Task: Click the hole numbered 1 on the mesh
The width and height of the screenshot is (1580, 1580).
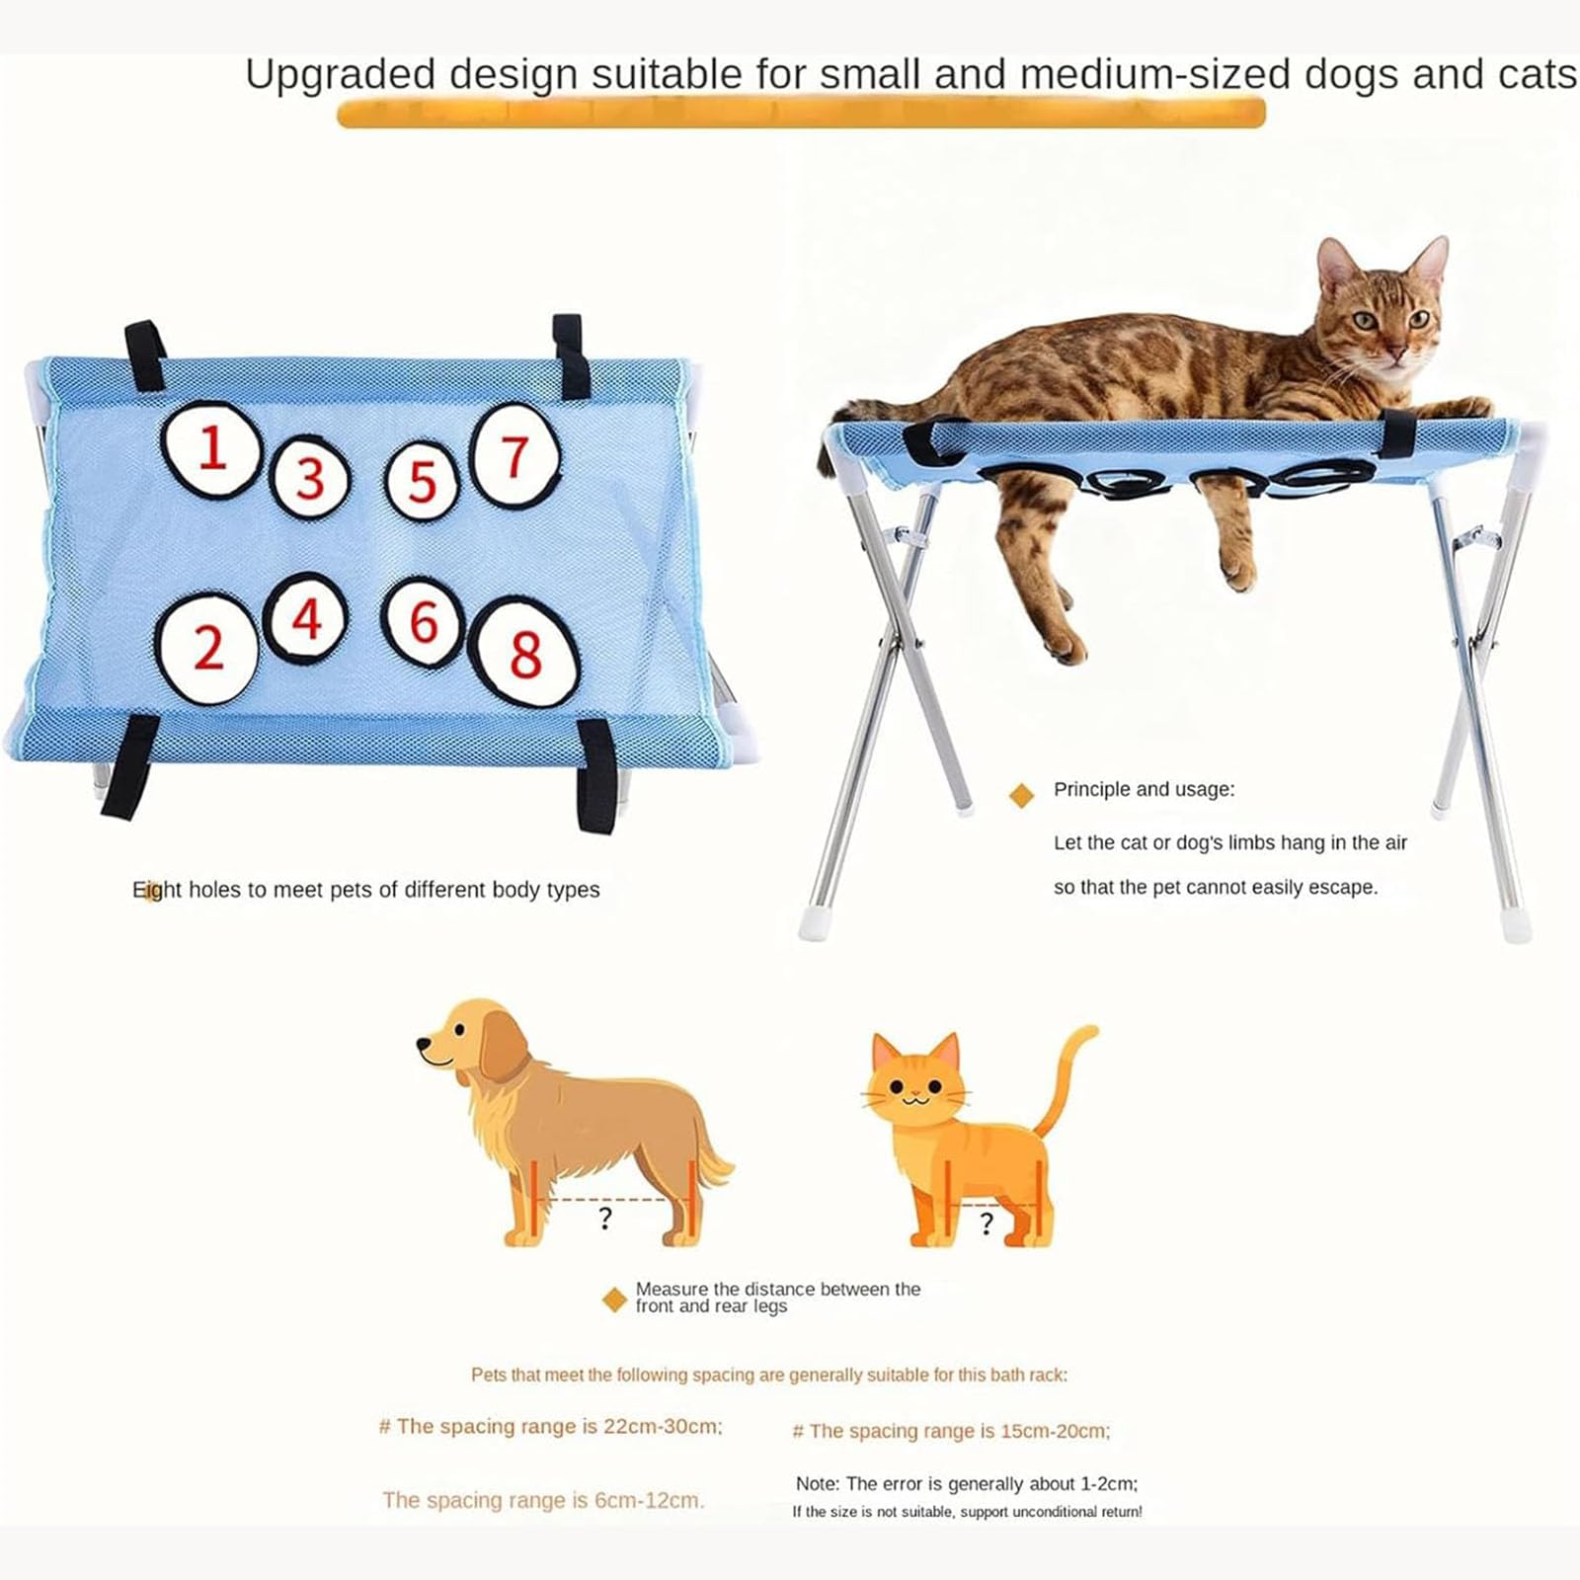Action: [x=211, y=449]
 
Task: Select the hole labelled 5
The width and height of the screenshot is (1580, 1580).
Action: [x=422, y=481]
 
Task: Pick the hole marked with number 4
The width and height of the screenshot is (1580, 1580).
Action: [x=306, y=619]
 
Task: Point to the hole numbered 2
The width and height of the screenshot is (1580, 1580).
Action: [x=207, y=648]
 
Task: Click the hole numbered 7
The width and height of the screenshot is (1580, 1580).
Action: [x=514, y=456]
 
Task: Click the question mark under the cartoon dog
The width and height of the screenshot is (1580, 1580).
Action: [x=605, y=1219]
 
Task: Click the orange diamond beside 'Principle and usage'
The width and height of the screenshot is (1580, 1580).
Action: [x=1022, y=795]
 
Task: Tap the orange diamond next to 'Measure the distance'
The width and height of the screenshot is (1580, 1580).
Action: [x=614, y=1300]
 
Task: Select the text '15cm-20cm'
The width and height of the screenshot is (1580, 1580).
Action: [x=1055, y=1431]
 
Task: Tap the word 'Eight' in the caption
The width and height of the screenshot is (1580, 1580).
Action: [x=158, y=890]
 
